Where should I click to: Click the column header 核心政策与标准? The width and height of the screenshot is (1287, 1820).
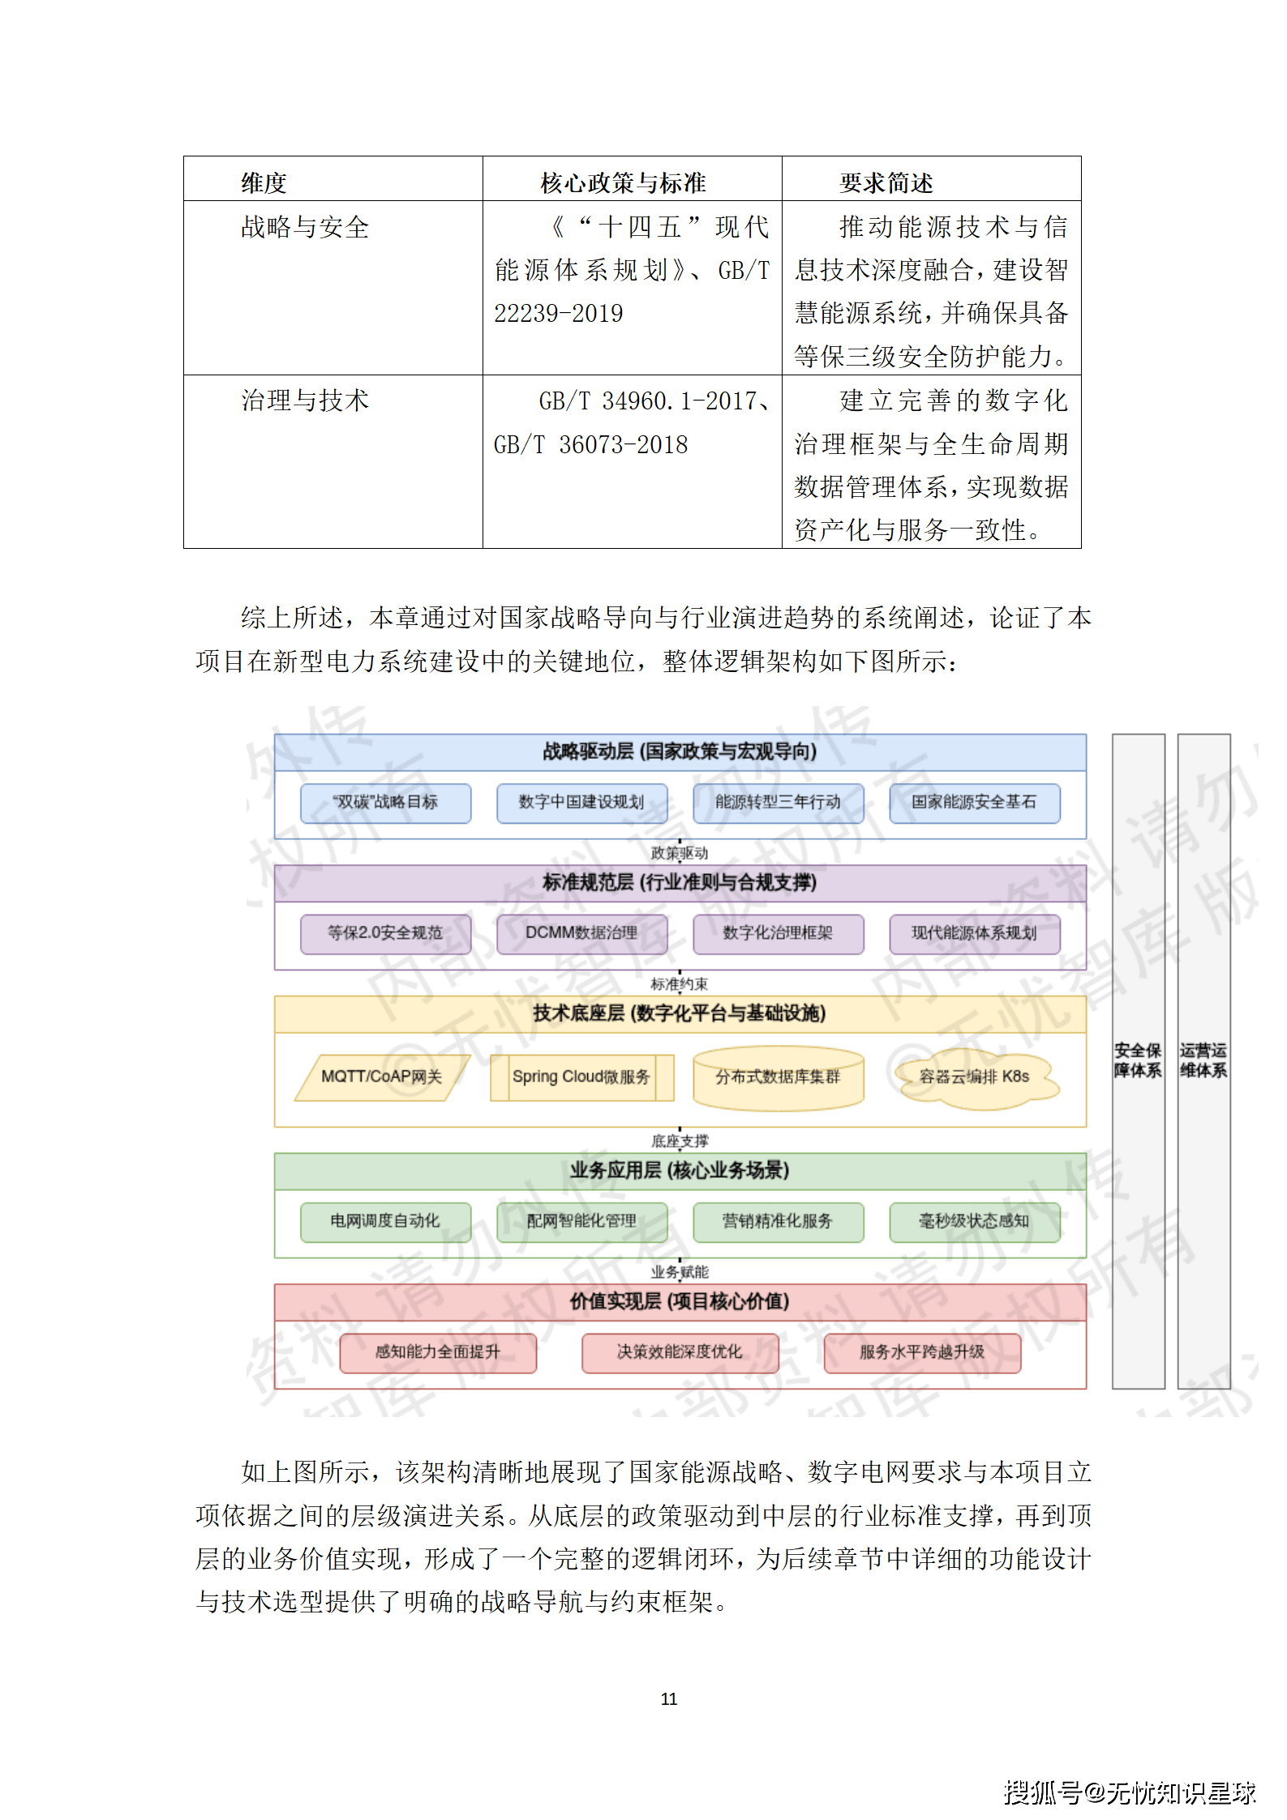pos(623,182)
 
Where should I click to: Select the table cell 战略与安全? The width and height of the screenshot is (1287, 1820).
pos(305,227)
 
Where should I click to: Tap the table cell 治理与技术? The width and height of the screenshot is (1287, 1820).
pos(305,400)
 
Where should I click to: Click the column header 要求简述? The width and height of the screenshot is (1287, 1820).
pos(886,182)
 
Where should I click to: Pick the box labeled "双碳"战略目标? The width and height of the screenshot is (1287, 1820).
pos(385,803)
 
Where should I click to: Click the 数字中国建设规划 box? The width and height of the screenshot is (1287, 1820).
pos(581,803)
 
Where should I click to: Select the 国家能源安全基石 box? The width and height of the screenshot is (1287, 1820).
pos(974,803)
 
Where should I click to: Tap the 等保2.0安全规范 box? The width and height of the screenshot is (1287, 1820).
pos(385,933)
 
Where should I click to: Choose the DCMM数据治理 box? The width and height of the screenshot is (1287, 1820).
pos(581,933)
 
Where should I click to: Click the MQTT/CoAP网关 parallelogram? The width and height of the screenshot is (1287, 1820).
pos(382,1077)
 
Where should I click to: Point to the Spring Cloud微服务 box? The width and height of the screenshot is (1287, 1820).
pos(581,1077)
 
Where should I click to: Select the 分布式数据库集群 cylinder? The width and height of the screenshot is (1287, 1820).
pos(778,1077)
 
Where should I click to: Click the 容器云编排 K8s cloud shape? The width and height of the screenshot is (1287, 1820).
pos(974,1077)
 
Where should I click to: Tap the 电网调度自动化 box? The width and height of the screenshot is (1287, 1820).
pos(385,1221)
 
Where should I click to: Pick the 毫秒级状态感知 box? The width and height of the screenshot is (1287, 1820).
pos(974,1221)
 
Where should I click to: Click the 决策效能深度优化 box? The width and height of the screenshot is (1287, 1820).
pos(680,1352)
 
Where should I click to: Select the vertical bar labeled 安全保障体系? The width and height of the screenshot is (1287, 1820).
pos(1137,1060)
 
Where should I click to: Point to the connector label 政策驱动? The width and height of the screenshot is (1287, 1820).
pos(680,853)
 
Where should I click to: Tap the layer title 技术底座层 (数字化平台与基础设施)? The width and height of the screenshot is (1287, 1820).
pos(680,1013)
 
